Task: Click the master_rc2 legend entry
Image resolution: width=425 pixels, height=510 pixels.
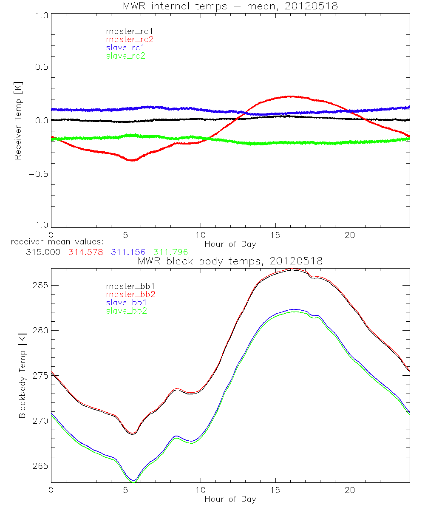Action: click(129, 40)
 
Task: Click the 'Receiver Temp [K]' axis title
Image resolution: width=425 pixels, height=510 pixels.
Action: click(18, 121)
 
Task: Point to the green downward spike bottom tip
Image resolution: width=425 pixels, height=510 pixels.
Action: click(251, 186)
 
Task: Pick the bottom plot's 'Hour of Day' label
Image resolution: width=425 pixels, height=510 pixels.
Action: click(230, 499)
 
